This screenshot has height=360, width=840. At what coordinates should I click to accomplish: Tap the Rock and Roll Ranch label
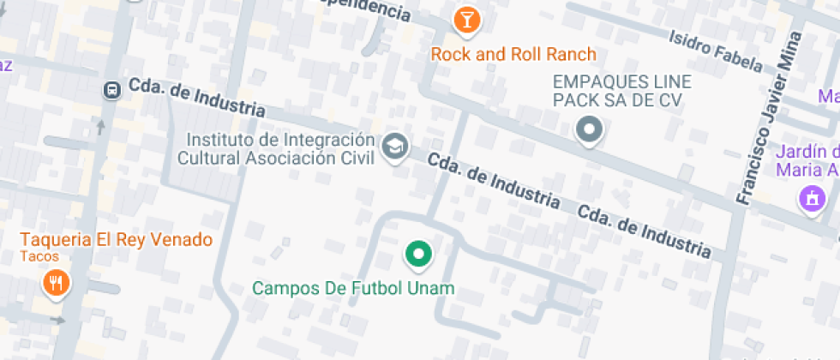tap(513, 55)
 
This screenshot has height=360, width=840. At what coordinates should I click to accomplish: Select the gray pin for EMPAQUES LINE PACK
tap(589, 131)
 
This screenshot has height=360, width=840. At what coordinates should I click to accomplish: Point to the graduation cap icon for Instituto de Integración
tap(394, 146)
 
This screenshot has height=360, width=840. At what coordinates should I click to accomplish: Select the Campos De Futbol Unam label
tap(353, 289)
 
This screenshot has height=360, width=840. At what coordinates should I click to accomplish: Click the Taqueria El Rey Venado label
tap(117, 240)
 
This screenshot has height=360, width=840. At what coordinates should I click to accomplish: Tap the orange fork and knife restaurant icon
tap(57, 283)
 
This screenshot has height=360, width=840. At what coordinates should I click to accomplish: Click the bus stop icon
tap(111, 89)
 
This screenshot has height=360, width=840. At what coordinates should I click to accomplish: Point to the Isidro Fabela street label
tap(715, 51)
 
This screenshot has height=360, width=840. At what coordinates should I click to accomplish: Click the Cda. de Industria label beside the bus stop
tap(196, 98)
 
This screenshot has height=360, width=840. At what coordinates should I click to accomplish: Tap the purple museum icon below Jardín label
tap(810, 199)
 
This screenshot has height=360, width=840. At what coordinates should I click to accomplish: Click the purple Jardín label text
tap(807, 159)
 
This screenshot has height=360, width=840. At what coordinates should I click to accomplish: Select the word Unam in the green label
tap(434, 289)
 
